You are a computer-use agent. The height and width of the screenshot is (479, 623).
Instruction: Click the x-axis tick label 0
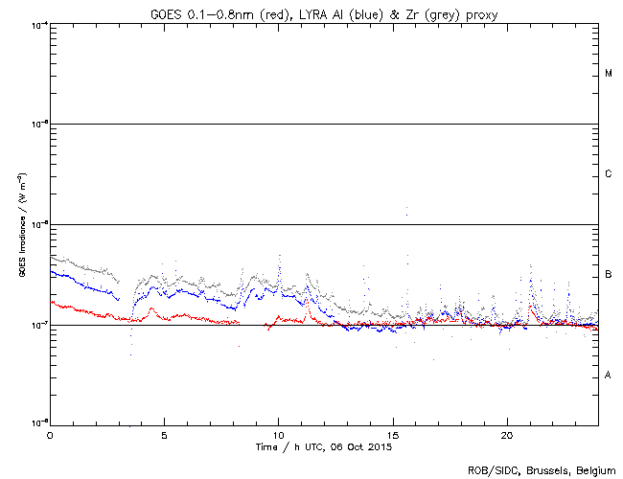click(x=50, y=434)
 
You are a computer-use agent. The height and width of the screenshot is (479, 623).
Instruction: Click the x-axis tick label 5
click(x=164, y=434)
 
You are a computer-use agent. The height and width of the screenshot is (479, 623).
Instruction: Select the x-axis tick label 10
click(x=278, y=434)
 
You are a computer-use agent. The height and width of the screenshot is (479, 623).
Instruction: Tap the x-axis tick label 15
click(x=393, y=434)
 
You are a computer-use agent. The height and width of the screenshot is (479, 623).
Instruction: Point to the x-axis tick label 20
click(x=507, y=434)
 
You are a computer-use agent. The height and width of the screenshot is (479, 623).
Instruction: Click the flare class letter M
click(x=609, y=74)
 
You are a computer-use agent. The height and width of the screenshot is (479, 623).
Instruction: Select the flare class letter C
click(x=609, y=174)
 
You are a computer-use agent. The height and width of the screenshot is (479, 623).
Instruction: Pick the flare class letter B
click(x=609, y=275)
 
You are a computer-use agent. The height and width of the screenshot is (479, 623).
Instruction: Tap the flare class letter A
click(x=609, y=376)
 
